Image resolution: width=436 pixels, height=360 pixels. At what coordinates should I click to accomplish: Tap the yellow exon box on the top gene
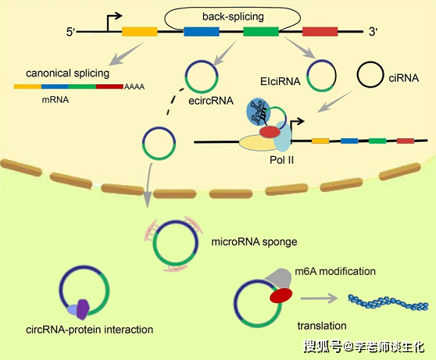tap(140, 32)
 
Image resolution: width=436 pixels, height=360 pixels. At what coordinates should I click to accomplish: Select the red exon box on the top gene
tap(320, 32)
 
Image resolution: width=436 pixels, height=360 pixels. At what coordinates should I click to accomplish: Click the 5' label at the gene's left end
tap(73, 33)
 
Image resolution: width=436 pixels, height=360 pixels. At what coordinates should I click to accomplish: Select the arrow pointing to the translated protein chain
tap(321, 298)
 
